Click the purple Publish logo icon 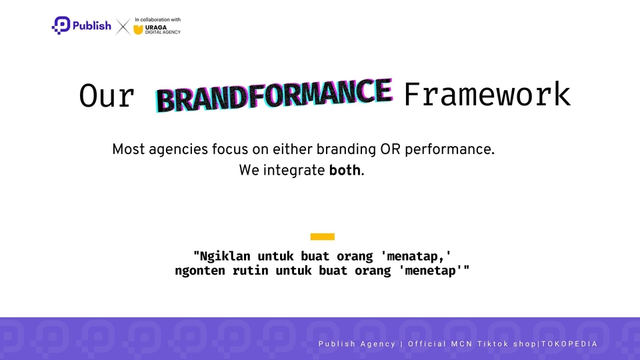(x=61, y=25)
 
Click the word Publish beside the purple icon (x=92, y=26)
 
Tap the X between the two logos (x=123, y=27)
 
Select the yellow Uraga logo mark (x=139, y=29)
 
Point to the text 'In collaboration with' (x=157, y=19)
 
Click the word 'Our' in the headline (x=107, y=96)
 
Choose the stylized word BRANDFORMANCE (x=274, y=95)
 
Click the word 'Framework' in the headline (x=487, y=95)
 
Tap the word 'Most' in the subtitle (x=128, y=149)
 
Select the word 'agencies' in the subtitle (x=179, y=150)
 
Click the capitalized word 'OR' (x=390, y=149)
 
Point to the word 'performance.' (x=449, y=150)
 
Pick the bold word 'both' (x=345, y=170)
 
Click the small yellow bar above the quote (x=323, y=237)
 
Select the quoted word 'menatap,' (x=416, y=256)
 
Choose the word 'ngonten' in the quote (x=199, y=271)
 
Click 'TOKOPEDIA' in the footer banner (x=569, y=344)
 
